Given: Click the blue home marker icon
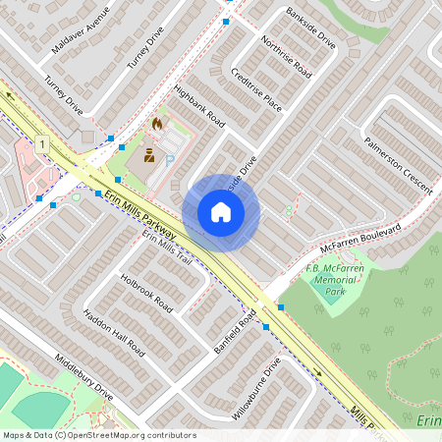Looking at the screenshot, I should pos(221,211).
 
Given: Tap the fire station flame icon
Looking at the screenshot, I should pos(156,125).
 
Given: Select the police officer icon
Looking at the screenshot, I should pos(149,155).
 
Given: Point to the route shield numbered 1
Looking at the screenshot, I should pos(42,144).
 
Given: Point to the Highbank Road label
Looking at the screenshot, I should pos(199,107).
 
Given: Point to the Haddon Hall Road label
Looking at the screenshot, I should pos(114,333).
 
